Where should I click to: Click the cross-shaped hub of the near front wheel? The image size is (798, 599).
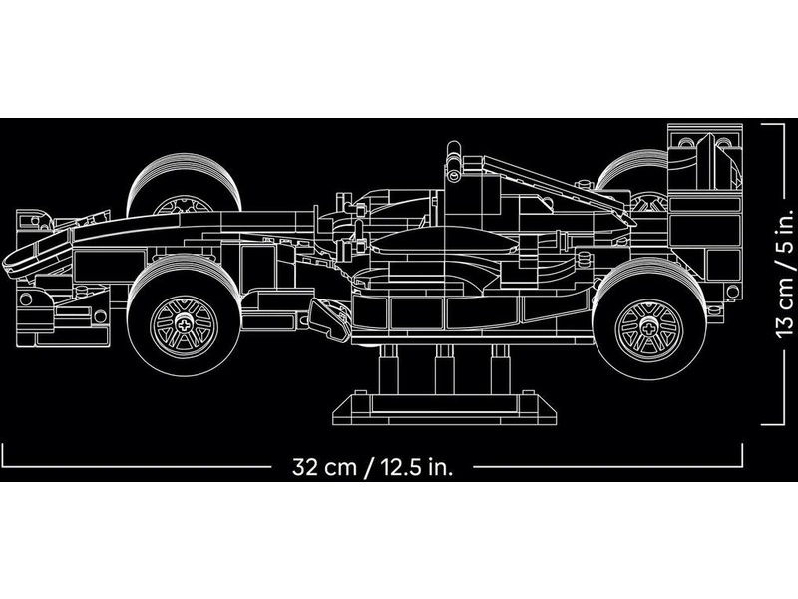(184, 324)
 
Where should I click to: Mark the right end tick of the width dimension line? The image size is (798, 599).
(744, 455)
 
